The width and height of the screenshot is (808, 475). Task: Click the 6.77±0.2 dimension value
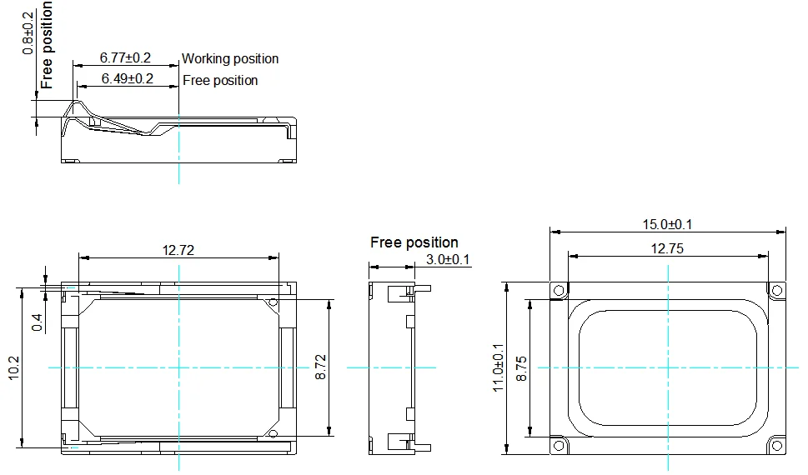pos(125,57)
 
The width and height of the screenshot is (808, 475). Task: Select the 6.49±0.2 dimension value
pos(128,78)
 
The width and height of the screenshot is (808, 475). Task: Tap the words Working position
pos(230,58)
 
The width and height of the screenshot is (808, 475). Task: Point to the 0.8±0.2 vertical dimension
pos(28,33)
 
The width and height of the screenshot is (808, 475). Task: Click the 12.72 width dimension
pos(178,250)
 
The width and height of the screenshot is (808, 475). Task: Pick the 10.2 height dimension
pos(14,367)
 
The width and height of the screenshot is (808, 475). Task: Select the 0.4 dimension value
pos(38,323)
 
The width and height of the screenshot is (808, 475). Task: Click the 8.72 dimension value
pos(320,367)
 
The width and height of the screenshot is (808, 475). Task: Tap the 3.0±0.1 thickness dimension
pos(448,259)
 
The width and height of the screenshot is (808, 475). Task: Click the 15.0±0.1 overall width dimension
pos(667,224)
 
